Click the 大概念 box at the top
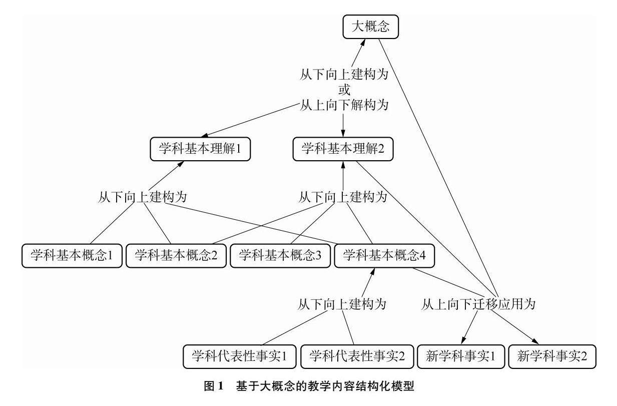(x=370, y=27)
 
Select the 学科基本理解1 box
(x=200, y=149)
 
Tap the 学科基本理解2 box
(x=343, y=149)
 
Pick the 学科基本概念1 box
(x=72, y=255)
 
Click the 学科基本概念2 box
(x=175, y=255)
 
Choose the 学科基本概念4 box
(x=384, y=255)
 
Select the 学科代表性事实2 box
(x=357, y=356)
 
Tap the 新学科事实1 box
(x=460, y=356)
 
